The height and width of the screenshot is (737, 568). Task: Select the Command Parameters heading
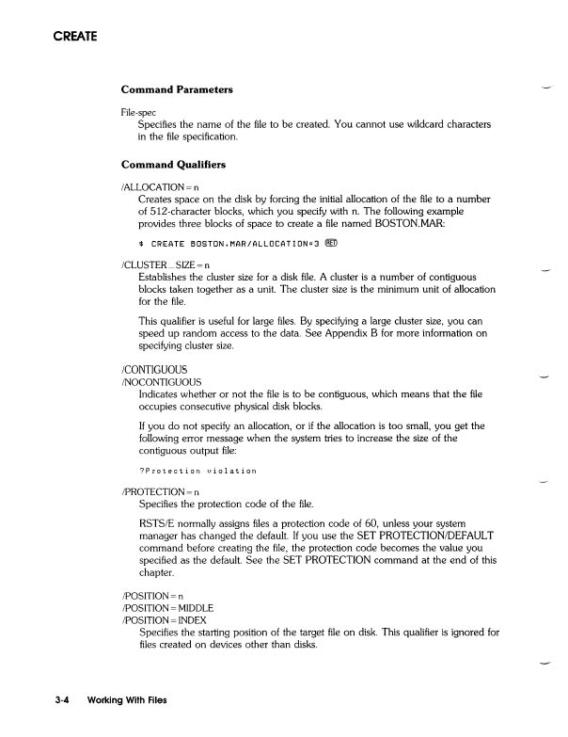click(x=177, y=89)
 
